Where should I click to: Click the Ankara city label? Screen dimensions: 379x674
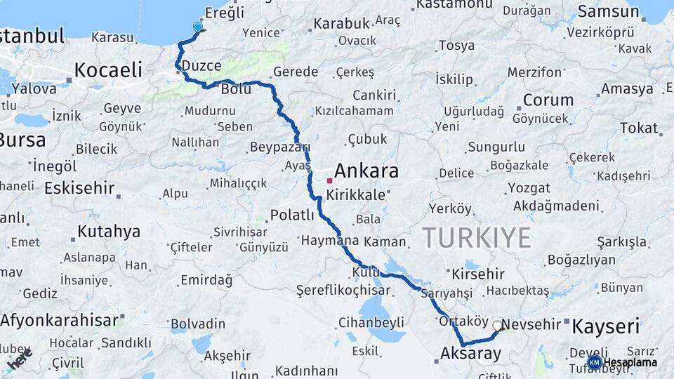[366, 171]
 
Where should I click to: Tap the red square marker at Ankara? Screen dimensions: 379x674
[329, 180]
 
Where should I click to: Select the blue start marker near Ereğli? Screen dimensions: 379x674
[197, 27]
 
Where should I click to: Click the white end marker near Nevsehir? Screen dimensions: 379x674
[498, 326]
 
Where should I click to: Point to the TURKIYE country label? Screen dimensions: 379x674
[477, 238]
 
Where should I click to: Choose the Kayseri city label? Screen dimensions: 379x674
[606, 326]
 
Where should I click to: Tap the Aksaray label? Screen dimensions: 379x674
[471, 354]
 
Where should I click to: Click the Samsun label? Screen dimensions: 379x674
[609, 11]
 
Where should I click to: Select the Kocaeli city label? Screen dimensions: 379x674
[108, 69]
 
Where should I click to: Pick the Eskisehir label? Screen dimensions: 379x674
[78, 188]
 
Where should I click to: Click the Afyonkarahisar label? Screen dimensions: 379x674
[60, 320]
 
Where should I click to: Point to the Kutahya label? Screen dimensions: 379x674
[109, 231]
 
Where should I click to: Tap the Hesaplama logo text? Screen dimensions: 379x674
[630, 362]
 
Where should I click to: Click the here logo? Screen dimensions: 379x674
[20, 359]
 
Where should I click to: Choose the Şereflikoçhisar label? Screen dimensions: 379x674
[343, 290]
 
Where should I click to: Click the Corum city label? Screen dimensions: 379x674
[548, 100]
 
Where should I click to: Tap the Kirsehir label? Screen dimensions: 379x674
[478, 274]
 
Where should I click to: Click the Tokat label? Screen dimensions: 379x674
[638, 128]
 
